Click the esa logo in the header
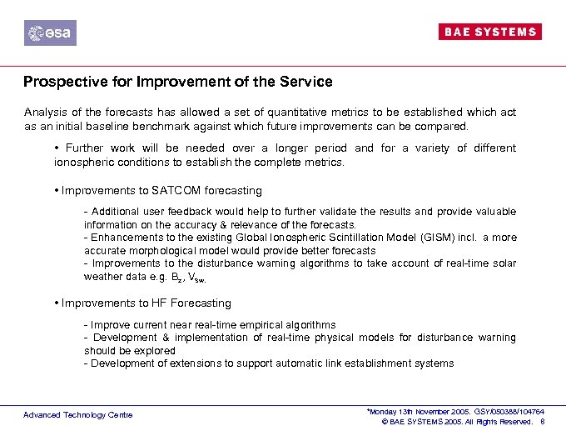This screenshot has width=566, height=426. [50, 33]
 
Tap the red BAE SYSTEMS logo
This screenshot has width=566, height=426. [489, 32]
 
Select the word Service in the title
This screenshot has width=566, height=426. [307, 82]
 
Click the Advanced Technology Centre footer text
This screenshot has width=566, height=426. [77, 414]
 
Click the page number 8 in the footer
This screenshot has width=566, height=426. [542, 421]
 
